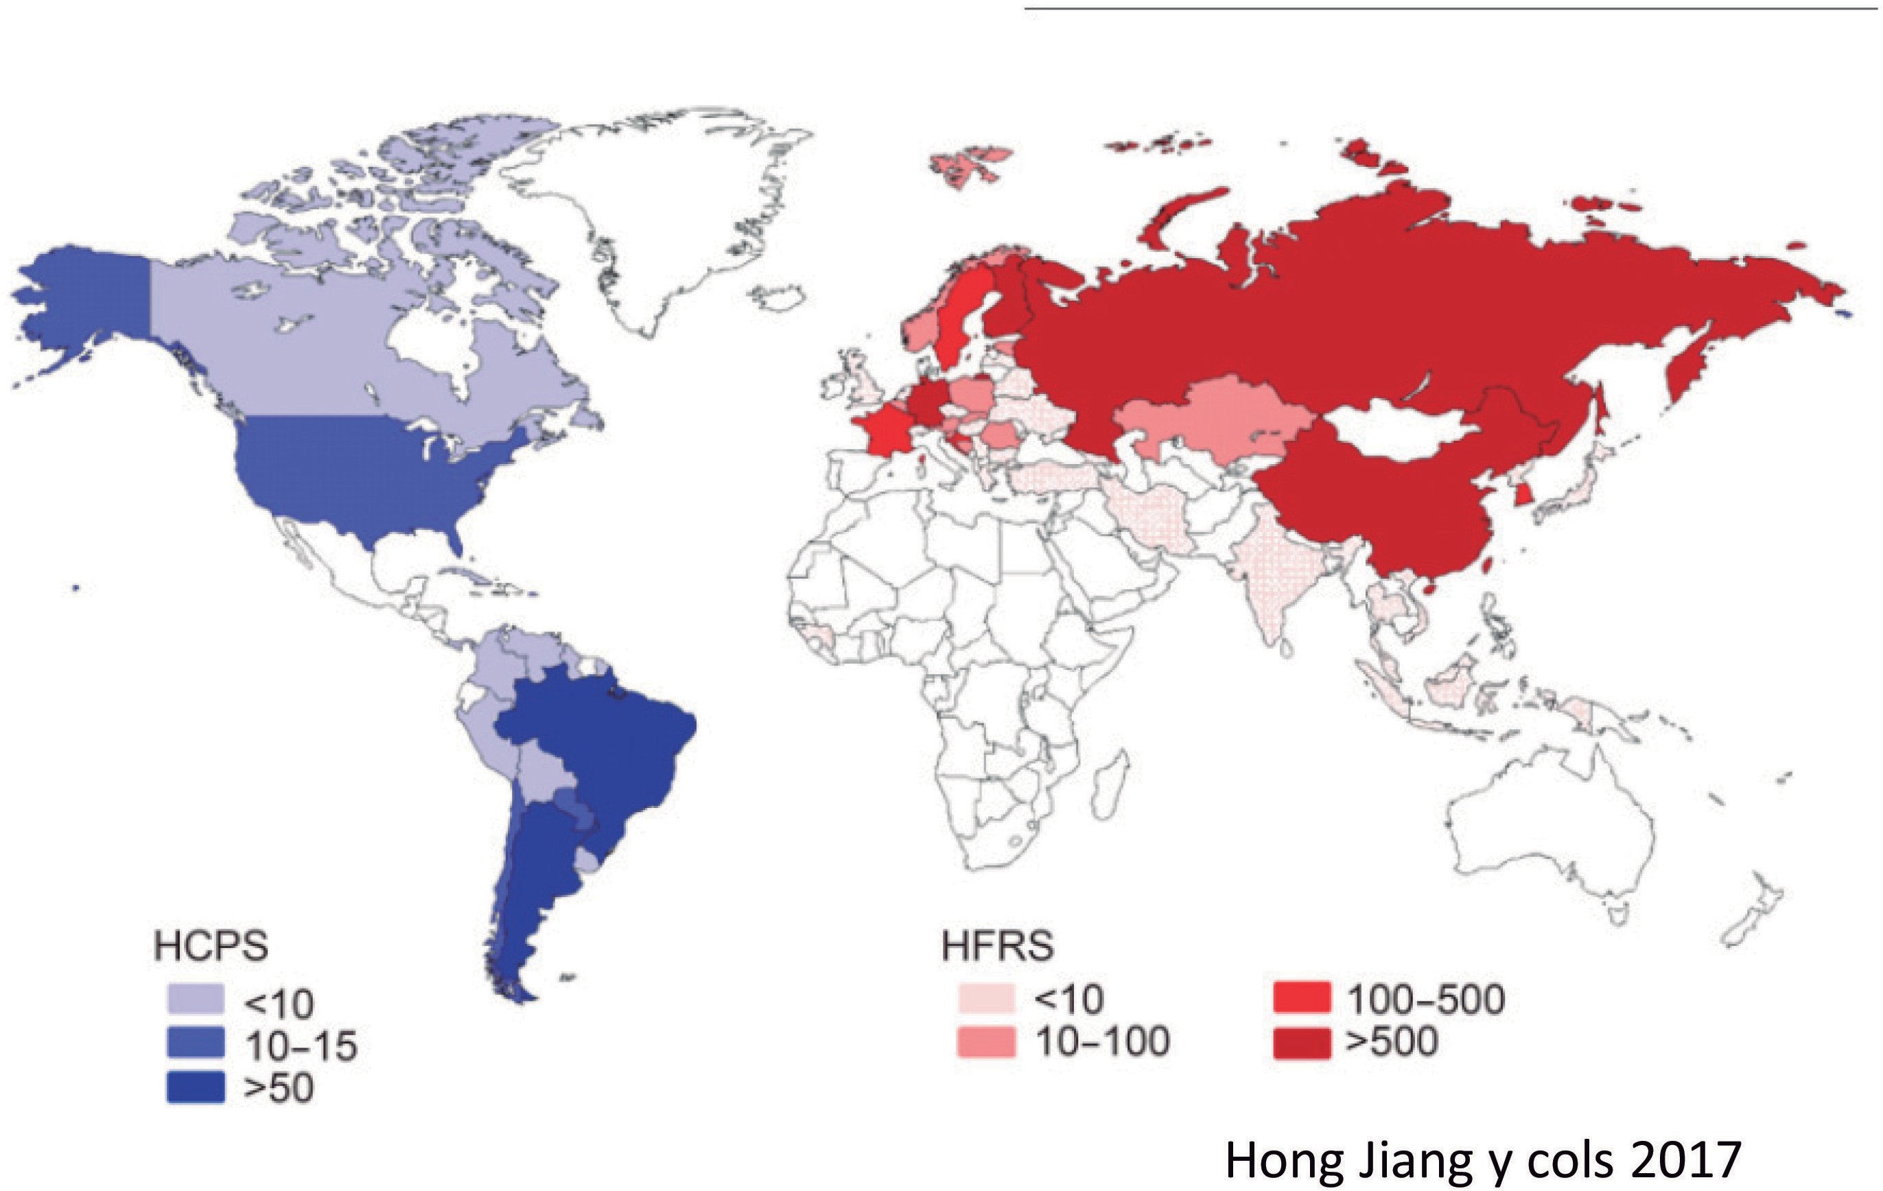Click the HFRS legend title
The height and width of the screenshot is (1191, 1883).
pyautogui.click(x=997, y=945)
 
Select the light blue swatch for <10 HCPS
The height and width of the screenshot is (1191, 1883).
pyautogui.click(x=196, y=1000)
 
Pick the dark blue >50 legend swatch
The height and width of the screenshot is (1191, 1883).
pyautogui.click(x=196, y=1087)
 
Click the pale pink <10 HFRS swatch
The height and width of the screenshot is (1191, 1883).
pyautogui.click(x=986, y=999)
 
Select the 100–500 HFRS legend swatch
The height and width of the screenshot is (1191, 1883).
pyautogui.click(x=1301, y=999)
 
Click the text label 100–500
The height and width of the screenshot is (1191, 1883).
pyautogui.click(x=1425, y=999)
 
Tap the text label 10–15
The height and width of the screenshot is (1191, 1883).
pyautogui.click(x=301, y=1045)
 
